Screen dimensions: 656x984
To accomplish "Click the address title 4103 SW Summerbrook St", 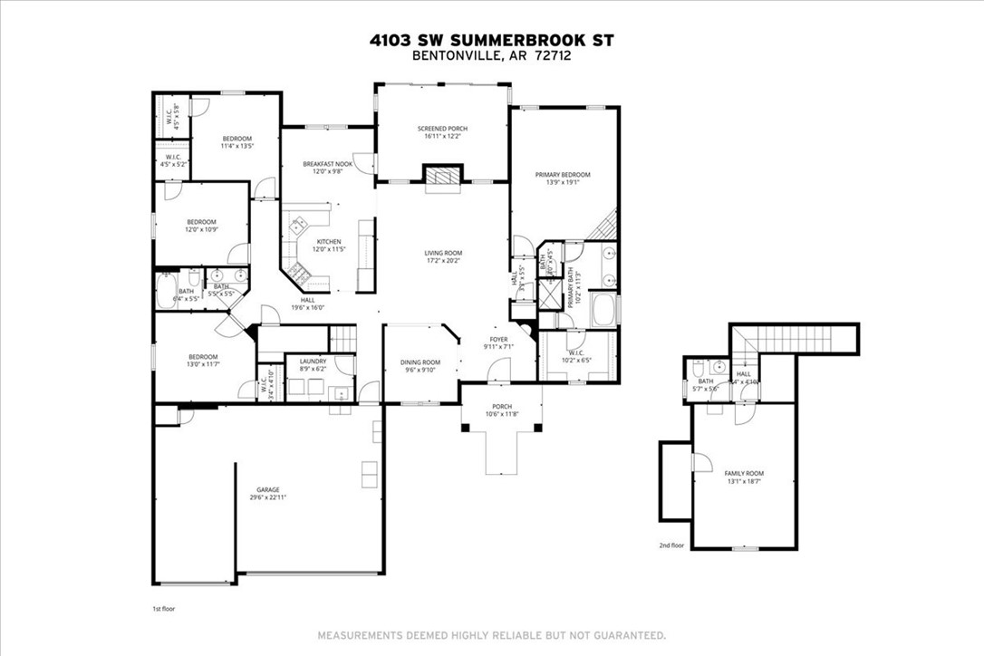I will coord(491,40).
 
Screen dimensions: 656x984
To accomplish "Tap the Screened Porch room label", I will coord(442,129).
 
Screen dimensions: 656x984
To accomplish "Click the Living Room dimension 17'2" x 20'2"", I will coord(443,263).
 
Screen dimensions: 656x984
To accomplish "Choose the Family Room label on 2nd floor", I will coord(743,474).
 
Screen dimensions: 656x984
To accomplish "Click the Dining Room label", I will coord(420,362).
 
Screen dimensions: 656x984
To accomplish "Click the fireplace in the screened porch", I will coord(443,176).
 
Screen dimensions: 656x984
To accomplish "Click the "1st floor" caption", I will coord(164,609).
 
